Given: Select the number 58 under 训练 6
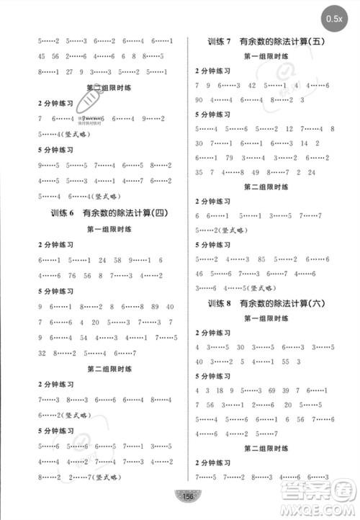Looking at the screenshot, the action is [x=117, y=260].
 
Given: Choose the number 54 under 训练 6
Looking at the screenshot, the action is [x=84, y=336].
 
